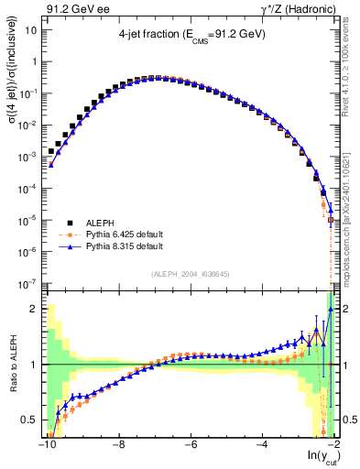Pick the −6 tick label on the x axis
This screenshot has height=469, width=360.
190,447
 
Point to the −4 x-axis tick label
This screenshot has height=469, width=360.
262,447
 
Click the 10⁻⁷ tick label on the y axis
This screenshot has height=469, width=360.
27,283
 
